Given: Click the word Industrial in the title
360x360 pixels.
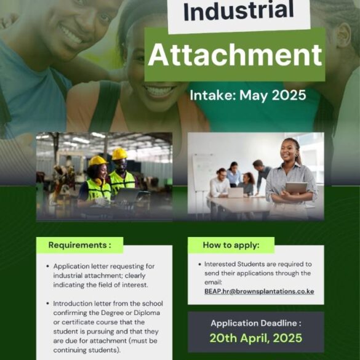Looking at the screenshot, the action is pyautogui.click(x=239, y=10).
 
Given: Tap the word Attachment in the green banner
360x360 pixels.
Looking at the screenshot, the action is pyautogui.click(x=235, y=55).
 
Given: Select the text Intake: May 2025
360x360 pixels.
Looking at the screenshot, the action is pyautogui.click(x=248, y=95).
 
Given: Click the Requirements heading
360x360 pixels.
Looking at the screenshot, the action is pyautogui.click(x=79, y=245).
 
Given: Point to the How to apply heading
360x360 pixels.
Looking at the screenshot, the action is pyautogui.click(x=231, y=245).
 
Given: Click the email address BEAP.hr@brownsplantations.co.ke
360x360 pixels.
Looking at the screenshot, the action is pyautogui.click(x=259, y=291).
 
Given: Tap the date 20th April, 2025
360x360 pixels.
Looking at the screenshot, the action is pyautogui.click(x=256, y=338).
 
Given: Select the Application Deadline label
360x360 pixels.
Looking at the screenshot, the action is pyautogui.click(x=256, y=323).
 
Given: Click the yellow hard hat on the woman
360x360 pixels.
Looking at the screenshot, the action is pyautogui.click(x=98, y=160).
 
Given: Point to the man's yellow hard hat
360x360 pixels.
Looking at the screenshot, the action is pyautogui.click(x=119, y=154).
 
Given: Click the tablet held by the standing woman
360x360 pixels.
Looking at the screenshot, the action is pyautogui.click(x=296, y=188).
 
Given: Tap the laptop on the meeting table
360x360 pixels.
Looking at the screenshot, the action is pyautogui.click(x=235, y=193).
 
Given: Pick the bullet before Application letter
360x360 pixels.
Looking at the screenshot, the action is pyautogui.click(x=48, y=266).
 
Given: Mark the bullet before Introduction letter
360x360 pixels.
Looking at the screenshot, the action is pyautogui.click(x=48, y=303).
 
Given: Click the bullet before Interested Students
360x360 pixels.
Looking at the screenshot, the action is pyautogui.click(x=199, y=264).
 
